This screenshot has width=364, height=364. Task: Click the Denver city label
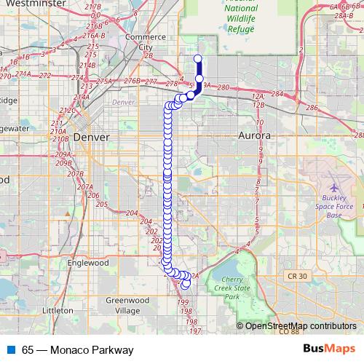coord(91,137)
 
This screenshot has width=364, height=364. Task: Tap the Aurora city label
coord(254,136)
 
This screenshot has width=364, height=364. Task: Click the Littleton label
coord(58,310)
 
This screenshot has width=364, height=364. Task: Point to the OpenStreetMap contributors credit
coord(299,325)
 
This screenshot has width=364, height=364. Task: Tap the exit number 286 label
coord(312,108)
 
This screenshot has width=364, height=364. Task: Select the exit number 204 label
coord(132,213)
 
